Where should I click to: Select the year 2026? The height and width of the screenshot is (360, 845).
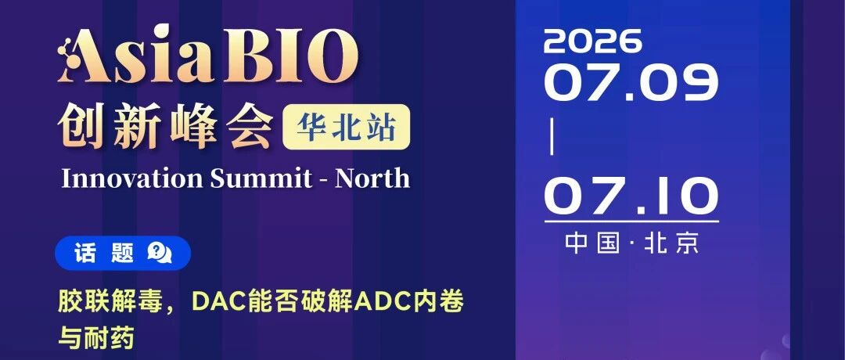tap(593, 41)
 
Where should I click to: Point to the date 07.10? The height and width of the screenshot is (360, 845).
tap(631, 196)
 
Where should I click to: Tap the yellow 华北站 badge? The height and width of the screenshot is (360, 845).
tap(346, 127)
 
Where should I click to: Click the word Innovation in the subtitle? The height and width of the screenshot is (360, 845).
tap(132, 178)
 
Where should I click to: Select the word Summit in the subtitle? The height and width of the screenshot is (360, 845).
tap(261, 178)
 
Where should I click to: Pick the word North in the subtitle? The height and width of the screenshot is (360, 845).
tap(372, 178)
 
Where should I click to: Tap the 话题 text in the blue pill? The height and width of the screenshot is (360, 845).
tap(104, 253)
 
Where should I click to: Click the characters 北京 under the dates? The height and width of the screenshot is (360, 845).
tap(671, 243)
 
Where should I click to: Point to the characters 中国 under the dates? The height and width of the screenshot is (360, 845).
tap(592, 243)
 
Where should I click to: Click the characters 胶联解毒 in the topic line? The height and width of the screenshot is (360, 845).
tap(111, 302)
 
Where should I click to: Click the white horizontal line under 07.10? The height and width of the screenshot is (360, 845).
tap(631, 221)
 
